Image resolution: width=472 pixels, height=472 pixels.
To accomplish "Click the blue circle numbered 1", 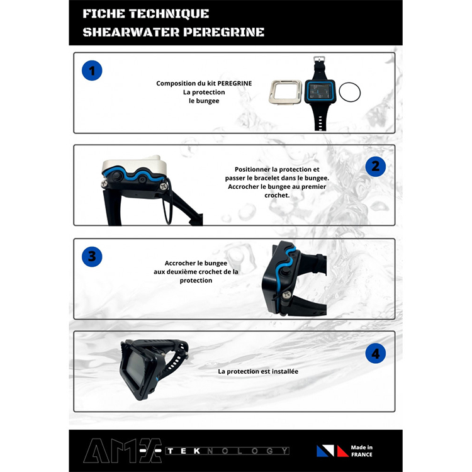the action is point(92,70).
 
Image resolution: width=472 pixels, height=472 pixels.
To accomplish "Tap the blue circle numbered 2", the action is point(375,166).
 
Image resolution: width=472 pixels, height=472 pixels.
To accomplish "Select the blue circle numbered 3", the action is point(92,257).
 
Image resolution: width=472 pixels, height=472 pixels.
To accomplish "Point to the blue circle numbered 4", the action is point(375,354).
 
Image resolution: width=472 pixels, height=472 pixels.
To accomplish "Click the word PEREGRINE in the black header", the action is point(223,32).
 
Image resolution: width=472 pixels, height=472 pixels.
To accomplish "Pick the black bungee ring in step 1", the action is point(350,93).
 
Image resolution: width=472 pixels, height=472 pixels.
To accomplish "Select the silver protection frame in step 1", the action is point(285,92).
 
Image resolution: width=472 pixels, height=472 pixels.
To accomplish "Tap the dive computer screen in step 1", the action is point(320,91).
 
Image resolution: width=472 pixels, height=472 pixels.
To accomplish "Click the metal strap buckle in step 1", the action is point(320,59).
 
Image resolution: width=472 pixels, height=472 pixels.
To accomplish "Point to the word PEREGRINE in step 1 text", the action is point(235,83).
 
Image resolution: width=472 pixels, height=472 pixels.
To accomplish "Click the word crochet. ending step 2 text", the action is point(277,195).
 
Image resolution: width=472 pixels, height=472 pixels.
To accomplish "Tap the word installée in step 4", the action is point(284,371).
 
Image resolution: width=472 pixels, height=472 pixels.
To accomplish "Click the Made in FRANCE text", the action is point(361,451).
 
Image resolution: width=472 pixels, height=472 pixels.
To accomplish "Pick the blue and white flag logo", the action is point(325,451).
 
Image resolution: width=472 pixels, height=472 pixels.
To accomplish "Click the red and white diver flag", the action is point(343,451).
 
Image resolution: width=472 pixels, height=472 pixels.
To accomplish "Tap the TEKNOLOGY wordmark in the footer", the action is point(227,451).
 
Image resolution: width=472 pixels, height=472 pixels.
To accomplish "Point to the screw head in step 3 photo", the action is point(286,295).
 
